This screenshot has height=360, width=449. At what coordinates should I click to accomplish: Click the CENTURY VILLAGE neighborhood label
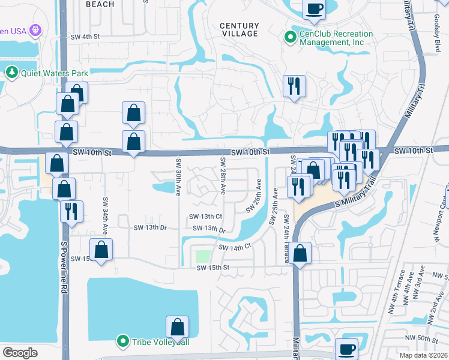pos(239,30)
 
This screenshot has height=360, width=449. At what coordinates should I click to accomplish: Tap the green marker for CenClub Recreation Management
pos(291,38)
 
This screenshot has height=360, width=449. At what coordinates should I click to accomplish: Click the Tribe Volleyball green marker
pos(123,341)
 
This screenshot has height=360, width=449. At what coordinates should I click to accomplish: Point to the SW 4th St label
pos(85,37)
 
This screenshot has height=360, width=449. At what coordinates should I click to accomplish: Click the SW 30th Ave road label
pos(178,176)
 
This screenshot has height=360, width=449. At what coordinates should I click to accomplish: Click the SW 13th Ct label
pos(206,217)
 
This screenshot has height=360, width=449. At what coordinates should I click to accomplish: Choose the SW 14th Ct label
pos(234,247)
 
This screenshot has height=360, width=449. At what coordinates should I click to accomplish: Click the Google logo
pos(20,352)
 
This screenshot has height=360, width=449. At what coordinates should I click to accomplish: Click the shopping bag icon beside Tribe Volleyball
pos(178,328)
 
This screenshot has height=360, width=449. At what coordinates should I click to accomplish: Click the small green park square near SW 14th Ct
pos(202,256)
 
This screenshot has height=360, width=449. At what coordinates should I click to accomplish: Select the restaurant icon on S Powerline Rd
pos(71,211)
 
